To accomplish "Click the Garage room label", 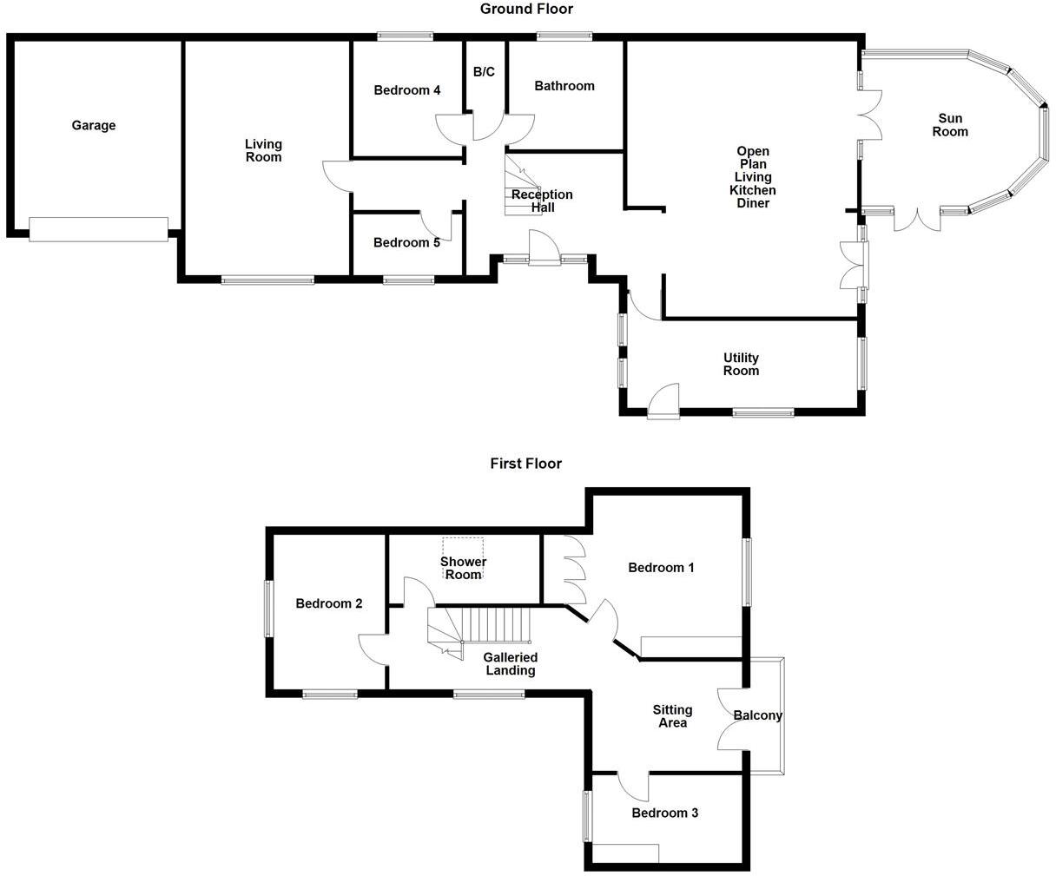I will click(x=93, y=126).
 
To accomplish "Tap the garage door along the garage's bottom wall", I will click(x=98, y=229).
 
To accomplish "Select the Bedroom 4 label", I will click(x=407, y=90).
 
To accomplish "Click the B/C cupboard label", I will click(x=484, y=72).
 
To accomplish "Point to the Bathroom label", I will click(x=564, y=86).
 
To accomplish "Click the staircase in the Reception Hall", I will click(x=521, y=182).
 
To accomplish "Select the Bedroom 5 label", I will click(x=406, y=243).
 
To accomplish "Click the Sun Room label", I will click(x=950, y=125).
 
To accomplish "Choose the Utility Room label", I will click(x=741, y=364).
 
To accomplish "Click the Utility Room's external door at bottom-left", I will click(x=664, y=403).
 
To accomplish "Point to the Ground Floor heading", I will click(x=526, y=10).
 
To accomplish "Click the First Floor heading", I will click(x=525, y=464).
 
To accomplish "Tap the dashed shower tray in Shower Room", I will click(x=463, y=549).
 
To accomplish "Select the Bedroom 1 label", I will click(x=661, y=568).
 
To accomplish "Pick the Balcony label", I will click(x=757, y=716).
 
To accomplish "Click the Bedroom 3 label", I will click(x=664, y=813).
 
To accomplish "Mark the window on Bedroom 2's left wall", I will click(x=268, y=609).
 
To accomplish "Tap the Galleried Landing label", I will click(x=511, y=664).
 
